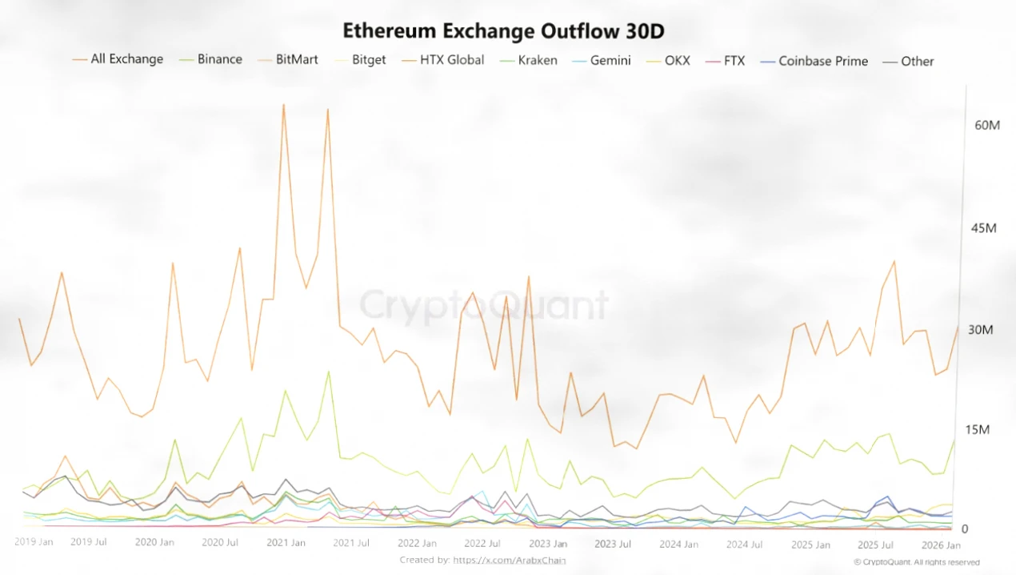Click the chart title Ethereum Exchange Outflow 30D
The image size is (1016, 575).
tap(504, 31)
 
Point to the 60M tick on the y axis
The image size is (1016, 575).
tap(987, 126)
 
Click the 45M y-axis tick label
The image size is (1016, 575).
tap(984, 228)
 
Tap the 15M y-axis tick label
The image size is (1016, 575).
tap(978, 430)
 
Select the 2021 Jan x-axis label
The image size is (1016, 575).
tap(286, 543)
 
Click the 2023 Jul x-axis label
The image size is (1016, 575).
tap(613, 544)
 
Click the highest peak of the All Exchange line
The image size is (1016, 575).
tap(283, 105)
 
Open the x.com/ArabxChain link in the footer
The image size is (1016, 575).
tap(510, 560)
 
